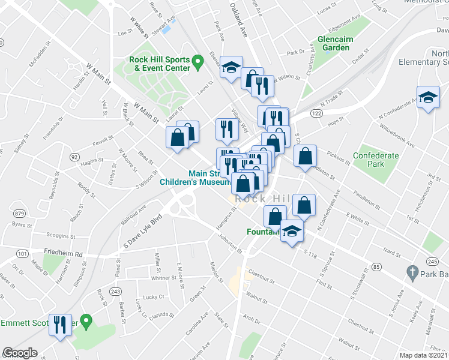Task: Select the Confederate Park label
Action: point(376,160)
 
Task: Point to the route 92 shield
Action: point(74,157)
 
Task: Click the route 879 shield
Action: point(20,214)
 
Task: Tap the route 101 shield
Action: point(22,254)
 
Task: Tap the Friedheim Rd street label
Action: point(62,253)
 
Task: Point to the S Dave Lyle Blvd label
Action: point(143,231)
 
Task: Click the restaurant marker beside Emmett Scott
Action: point(59,325)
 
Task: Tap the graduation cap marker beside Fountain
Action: point(292,230)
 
